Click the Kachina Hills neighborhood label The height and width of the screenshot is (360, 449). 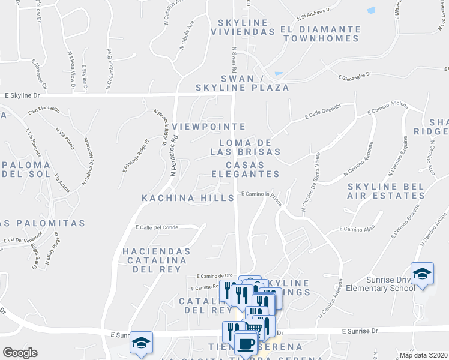pyautogui.click(x=188, y=198)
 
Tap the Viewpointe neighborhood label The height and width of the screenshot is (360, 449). pyautogui.click(x=208, y=127)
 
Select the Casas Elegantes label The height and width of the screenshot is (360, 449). pyautogui.click(x=245, y=169)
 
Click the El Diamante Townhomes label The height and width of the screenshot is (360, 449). pyautogui.click(x=321, y=34)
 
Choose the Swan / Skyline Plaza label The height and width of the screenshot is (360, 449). pyautogui.click(x=242, y=83)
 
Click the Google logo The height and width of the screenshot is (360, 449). pyautogui.click(x=20, y=353)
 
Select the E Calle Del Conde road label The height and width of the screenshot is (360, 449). pyautogui.click(x=158, y=227)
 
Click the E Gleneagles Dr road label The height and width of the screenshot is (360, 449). pyautogui.click(x=363, y=77)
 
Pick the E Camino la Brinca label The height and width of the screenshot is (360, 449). pyautogui.click(x=261, y=194)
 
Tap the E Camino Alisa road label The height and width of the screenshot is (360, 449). pyautogui.click(x=357, y=229)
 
